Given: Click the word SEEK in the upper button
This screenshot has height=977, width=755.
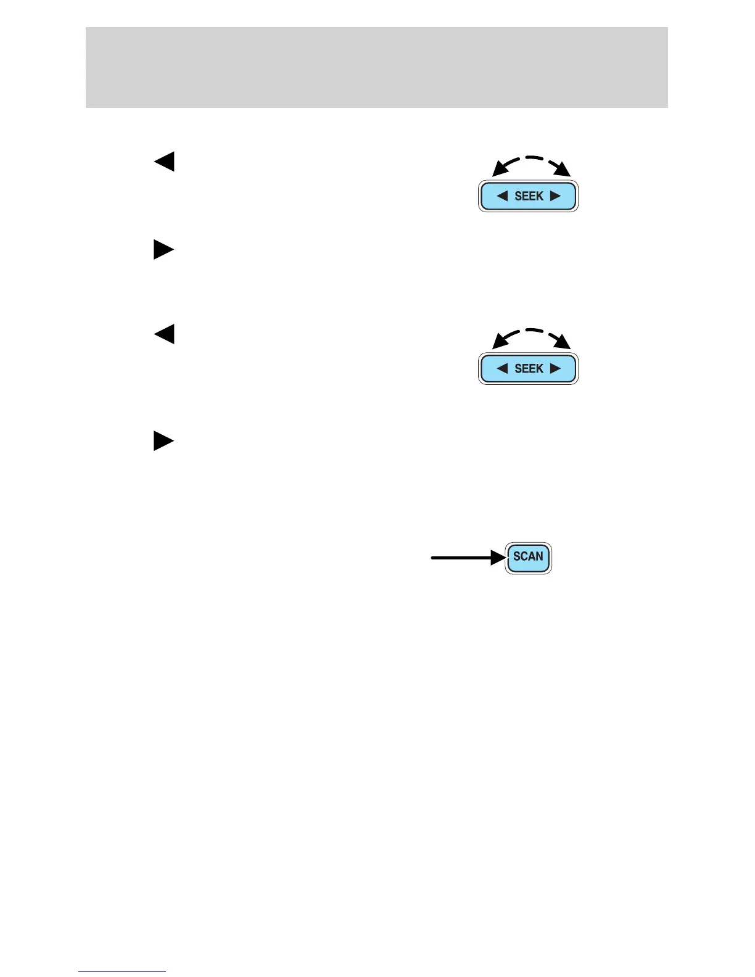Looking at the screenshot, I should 529,196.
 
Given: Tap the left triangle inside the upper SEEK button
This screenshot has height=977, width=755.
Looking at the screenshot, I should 502,196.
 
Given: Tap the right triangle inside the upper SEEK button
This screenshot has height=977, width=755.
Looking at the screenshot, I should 555,196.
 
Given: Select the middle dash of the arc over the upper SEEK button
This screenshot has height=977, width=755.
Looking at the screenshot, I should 532,158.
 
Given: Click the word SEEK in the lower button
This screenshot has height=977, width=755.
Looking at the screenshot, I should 529,369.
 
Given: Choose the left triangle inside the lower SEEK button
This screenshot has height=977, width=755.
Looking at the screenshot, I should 502,369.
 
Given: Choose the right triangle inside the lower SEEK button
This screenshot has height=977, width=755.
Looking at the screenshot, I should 555,369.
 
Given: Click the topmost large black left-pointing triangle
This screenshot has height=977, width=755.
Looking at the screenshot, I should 165,161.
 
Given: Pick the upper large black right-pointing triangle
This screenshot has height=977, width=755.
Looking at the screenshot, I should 163,250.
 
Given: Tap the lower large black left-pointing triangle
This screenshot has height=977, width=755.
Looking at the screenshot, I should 165,334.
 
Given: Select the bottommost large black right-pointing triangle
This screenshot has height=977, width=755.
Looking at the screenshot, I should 163,441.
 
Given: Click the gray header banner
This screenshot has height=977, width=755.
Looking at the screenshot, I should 376,67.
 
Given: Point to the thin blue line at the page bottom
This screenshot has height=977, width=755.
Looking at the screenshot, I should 122,971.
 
